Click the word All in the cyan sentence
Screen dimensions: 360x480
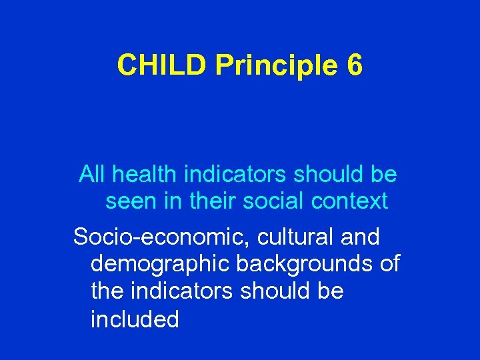(x=93, y=175)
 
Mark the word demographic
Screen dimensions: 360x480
(x=157, y=264)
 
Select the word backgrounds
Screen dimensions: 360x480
(x=300, y=264)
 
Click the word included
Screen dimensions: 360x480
(x=135, y=320)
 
